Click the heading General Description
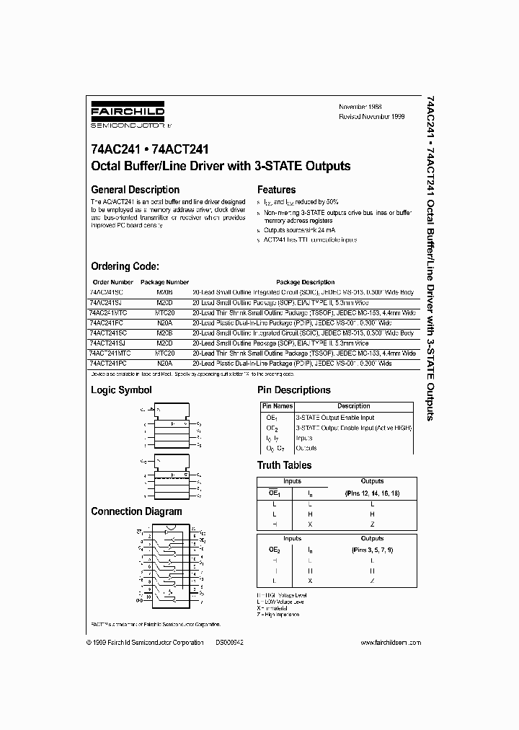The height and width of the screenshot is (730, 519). [x=135, y=190]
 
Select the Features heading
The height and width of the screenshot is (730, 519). [x=277, y=190]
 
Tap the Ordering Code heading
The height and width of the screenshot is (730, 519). [x=130, y=266]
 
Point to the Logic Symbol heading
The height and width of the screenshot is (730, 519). [x=121, y=390]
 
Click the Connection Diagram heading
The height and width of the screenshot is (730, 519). [x=136, y=511]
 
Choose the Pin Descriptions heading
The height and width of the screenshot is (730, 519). [x=294, y=390]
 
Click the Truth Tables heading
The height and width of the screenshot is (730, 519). [x=285, y=465]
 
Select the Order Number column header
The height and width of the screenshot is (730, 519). [x=113, y=282]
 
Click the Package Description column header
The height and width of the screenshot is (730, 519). [x=305, y=282]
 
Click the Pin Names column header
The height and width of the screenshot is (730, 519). [x=276, y=406]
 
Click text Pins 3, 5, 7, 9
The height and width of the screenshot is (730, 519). [x=372, y=550]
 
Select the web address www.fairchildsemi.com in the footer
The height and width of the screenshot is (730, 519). [x=387, y=642]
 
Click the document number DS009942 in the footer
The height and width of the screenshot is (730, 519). [x=231, y=642]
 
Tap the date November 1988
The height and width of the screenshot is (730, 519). [x=360, y=107]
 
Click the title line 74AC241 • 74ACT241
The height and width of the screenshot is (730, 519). [x=150, y=151]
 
